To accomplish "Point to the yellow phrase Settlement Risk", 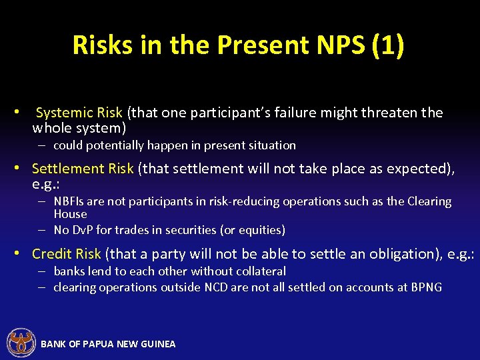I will click(83, 169).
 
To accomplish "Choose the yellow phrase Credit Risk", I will click(67, 253).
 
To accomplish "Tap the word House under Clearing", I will click(70, 214).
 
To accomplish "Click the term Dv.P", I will click(82, 230).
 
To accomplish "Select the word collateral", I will click(257, 271).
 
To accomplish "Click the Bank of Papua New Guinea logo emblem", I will click(21, 343).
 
